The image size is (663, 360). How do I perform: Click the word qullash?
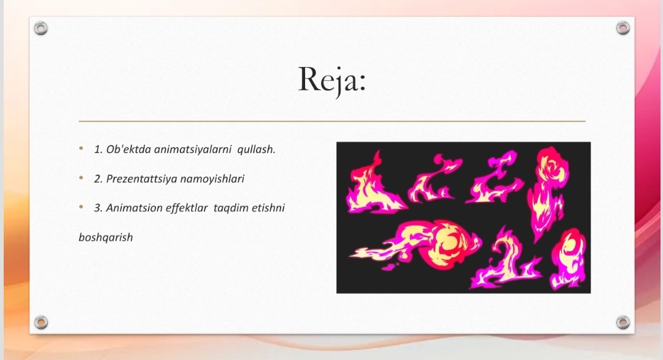[x=256, y=149]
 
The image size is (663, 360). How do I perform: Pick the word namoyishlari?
[x=212, y=179]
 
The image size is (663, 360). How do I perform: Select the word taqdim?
[x=231, y=208]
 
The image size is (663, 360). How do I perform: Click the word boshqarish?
[x=106, y=237]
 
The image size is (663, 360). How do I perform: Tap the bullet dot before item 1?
[x=81, y=149]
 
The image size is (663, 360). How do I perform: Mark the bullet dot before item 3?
[x=81, y=207]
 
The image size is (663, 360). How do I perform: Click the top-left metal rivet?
[x=41, y=28]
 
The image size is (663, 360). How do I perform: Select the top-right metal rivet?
[x=623, y=28]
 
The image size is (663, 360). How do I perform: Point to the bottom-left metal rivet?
[x=41, y=323]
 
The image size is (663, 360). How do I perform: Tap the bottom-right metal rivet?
[x=623, y=323]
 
